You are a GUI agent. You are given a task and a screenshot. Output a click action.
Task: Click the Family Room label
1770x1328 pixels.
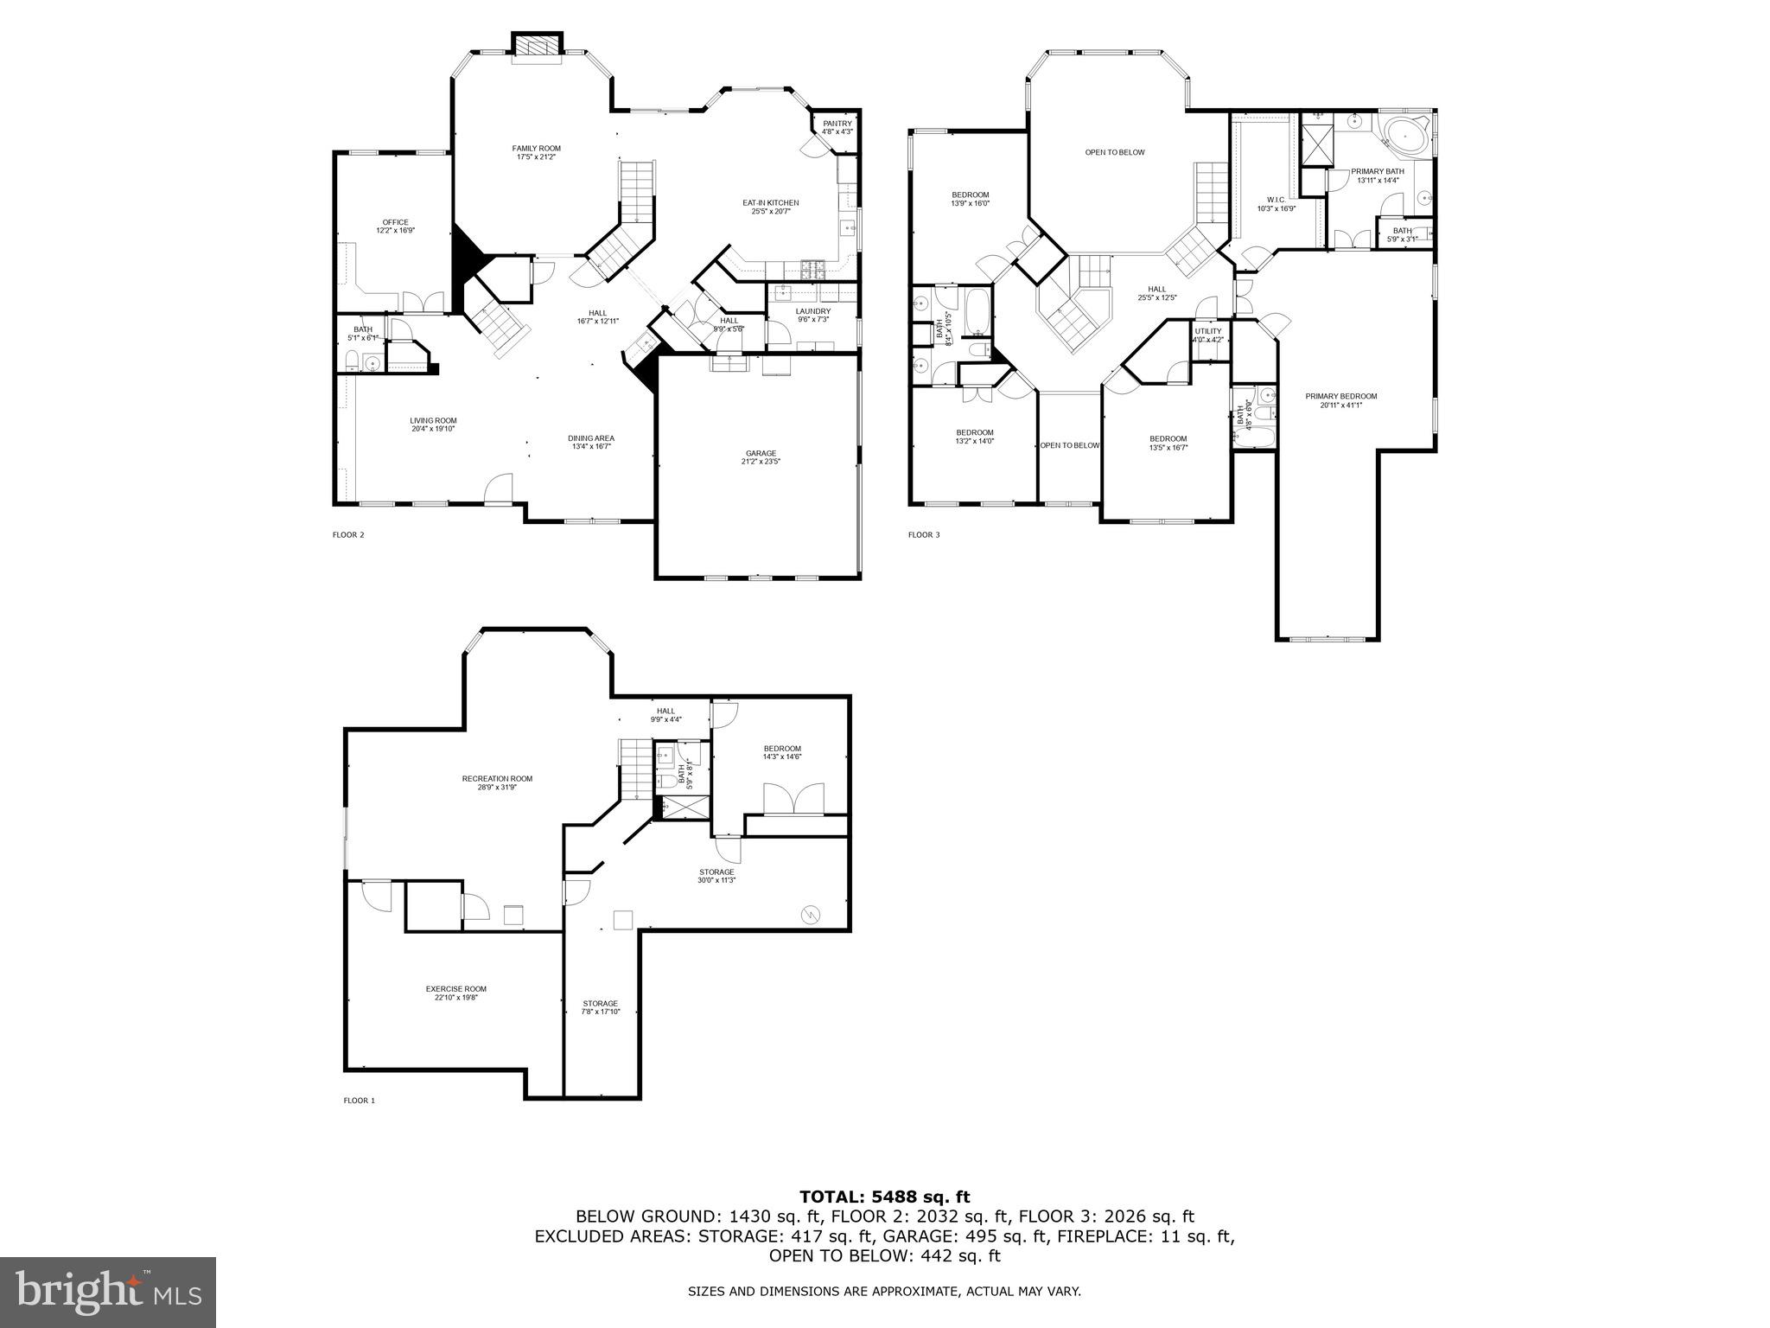[x=536, y=153]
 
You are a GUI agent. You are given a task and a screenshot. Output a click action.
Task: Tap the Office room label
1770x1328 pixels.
[x=395, y=227]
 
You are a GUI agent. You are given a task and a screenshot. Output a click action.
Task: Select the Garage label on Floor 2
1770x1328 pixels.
[x=761, y=457]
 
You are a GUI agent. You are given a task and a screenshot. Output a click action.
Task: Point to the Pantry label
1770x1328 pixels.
[x=837, y=127]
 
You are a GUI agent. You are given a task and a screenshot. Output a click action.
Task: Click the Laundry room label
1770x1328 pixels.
[x=812, y=315]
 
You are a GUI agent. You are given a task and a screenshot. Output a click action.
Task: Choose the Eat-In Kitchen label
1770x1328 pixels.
[x=770, y=207]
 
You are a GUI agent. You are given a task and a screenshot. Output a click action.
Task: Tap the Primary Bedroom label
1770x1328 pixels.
[x=1340, y=400]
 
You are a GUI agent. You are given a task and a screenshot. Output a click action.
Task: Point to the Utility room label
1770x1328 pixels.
[x=1207, y=335]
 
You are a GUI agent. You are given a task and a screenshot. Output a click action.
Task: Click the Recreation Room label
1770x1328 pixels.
[x=497, y=782]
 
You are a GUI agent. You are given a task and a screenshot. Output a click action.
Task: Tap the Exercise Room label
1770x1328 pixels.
[x=455, y=993]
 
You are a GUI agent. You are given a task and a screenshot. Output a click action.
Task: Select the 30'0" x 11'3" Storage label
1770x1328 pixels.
[x=716, y=876]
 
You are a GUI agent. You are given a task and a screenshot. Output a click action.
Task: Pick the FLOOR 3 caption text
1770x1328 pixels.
[x=923, y=535]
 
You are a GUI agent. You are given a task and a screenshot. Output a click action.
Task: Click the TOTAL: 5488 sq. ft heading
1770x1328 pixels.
[x=884, y=1197]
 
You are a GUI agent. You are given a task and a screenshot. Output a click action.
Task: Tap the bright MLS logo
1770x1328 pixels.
[x=108, y=1292]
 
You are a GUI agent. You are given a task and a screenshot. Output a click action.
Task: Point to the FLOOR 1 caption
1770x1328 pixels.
[x=360, y=1101]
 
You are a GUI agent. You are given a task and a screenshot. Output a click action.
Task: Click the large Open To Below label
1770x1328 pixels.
[x=1115, y=152]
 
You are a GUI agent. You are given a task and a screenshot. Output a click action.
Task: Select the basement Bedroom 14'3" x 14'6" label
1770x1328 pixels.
[x=781, y=752]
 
